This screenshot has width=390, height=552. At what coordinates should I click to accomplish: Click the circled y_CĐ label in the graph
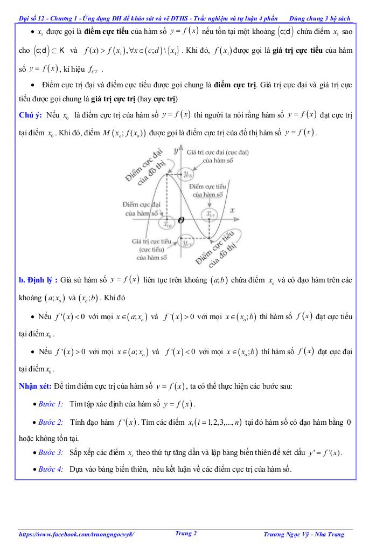coord(188,174)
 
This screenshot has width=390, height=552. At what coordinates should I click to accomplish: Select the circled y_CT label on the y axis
coord(188,243)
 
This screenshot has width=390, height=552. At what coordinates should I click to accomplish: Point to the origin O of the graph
coord(181,219)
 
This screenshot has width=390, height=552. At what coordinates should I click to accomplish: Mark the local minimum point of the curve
coord(208,237)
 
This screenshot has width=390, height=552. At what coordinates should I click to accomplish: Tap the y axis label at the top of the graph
coord(176,152)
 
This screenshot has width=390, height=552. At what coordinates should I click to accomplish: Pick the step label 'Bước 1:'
coord(51,404)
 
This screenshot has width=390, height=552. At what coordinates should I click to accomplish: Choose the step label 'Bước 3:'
coord(51,452)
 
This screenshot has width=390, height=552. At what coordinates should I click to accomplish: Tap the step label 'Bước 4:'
coord(51,469)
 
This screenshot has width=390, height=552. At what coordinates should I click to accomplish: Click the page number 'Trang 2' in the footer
coord(186,534)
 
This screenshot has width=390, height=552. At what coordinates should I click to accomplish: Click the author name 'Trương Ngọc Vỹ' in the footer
coord(288,535)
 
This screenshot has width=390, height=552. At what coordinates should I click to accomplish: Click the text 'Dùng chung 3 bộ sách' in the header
coord(319,18)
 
